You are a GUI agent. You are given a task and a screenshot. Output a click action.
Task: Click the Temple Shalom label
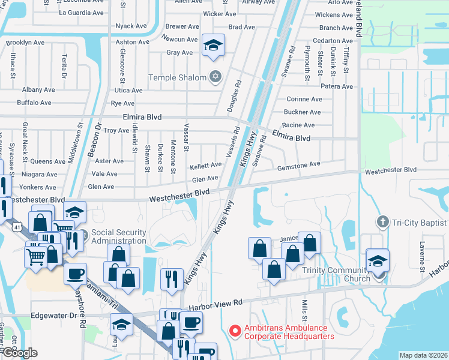pos(178,77)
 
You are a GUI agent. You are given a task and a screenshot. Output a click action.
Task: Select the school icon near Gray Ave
pos(213,46)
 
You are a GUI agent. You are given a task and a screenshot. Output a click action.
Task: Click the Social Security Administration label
pos(118,236)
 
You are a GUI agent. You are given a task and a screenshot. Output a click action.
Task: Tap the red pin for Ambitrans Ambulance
pos(235,331)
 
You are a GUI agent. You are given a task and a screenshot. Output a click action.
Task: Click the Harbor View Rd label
pos(215,305)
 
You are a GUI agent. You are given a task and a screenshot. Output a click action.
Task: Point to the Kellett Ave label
pos(206,166)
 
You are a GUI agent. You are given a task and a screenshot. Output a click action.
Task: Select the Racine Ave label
pos(298,125)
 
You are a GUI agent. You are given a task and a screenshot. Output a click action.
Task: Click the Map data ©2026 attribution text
pos(423,355)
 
